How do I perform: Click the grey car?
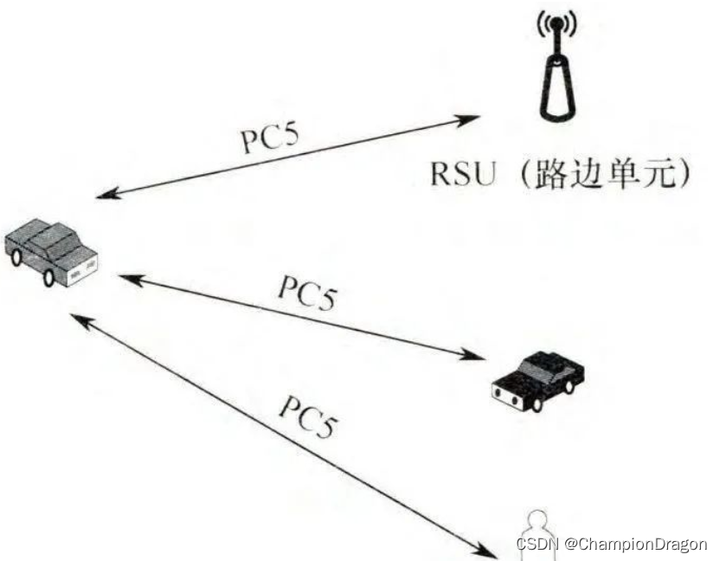50,251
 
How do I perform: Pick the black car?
537,379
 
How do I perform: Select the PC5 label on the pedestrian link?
306,416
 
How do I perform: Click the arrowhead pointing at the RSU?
474,116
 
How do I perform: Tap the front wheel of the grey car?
48,277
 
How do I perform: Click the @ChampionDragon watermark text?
635,545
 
